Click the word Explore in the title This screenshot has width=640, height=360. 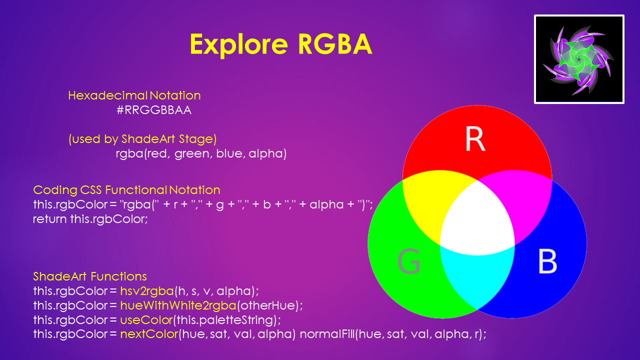239,44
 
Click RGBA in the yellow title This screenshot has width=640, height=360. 335,44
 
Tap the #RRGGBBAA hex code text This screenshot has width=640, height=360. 154,110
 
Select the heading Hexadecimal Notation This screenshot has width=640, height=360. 134,95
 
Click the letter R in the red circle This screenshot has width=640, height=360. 475,139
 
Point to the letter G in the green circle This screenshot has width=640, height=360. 409,261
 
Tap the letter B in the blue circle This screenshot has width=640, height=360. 547,261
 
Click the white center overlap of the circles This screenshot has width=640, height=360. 477,221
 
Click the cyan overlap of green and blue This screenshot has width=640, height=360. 477,274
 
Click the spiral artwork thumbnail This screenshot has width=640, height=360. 579,59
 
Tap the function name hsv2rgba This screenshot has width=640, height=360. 147,291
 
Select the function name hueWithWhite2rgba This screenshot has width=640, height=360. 178,305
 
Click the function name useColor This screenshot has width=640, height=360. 146,319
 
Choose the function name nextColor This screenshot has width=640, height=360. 149,334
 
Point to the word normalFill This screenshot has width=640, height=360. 327,334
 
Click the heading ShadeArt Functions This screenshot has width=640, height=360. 90,276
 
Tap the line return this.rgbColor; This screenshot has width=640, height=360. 90,219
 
